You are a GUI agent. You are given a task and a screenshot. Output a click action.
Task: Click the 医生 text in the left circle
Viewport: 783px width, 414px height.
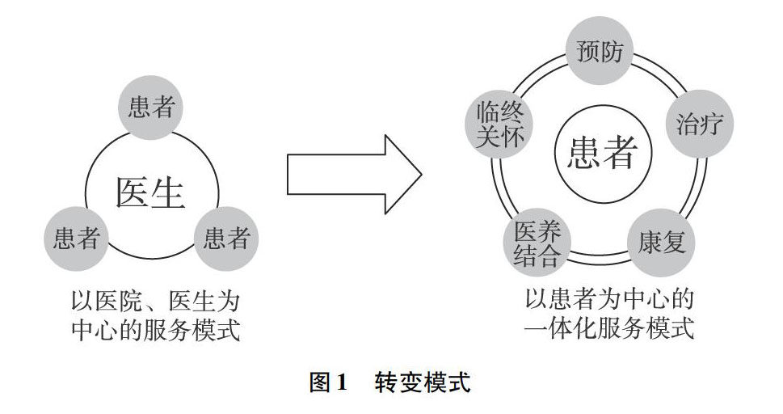tap(151, 192)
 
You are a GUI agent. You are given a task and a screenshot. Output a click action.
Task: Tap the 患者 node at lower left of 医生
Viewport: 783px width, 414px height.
tap(76, 238)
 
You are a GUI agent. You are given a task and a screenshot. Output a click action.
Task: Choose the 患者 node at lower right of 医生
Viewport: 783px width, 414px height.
tap(226, 238)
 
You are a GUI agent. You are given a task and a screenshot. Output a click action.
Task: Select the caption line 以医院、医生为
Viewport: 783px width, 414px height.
tap(151, 302)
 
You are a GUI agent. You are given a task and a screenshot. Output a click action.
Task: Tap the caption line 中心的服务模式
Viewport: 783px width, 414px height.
tap(151, 330)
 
